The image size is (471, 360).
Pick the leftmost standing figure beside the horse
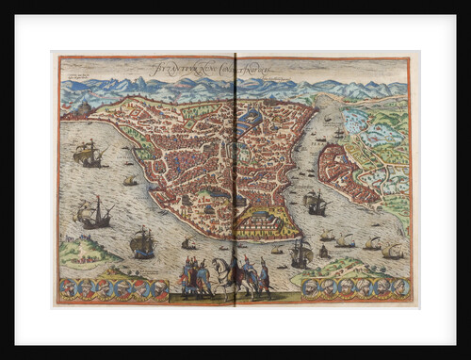click(187, 276)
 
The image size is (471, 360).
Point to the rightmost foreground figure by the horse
click(265, 278)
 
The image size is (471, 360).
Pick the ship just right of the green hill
click(142, 242)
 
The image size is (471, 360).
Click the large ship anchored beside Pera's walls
click(315, 201)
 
